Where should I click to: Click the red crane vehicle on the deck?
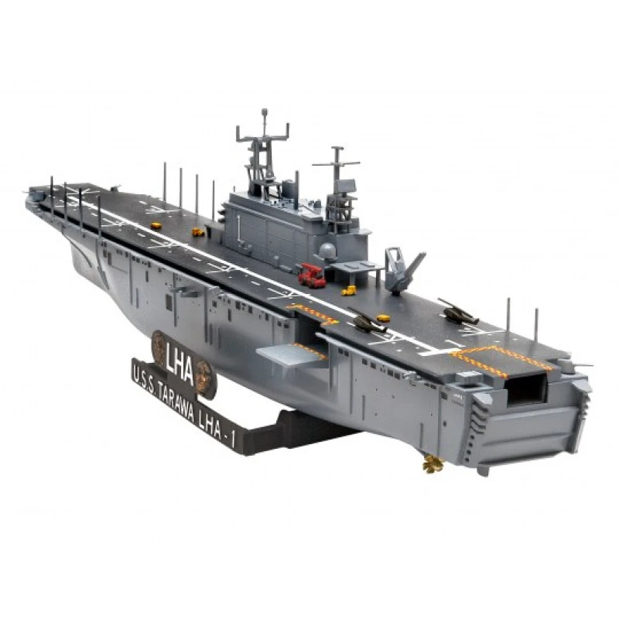[x=312, y=275]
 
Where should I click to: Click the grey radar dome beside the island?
[x=327, y=251]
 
